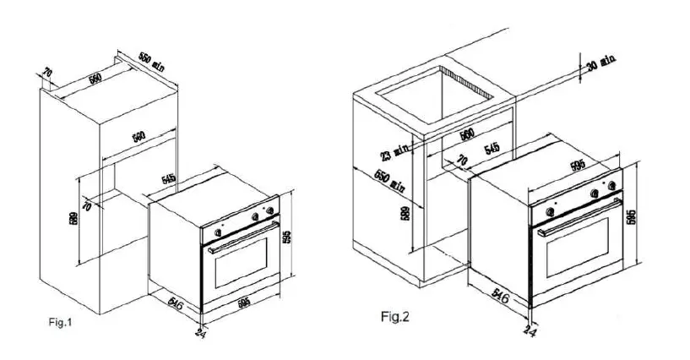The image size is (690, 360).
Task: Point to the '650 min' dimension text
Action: [x=386, y=183]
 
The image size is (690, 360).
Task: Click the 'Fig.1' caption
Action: [x=60, y=321]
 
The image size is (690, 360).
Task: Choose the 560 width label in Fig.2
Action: [x=466, y=134]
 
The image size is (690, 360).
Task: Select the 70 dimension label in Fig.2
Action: [x=461, y=161]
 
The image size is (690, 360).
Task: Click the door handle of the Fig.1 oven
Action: [x=242, y=237]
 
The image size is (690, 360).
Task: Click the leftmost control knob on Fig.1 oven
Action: [x=219, y=227]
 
